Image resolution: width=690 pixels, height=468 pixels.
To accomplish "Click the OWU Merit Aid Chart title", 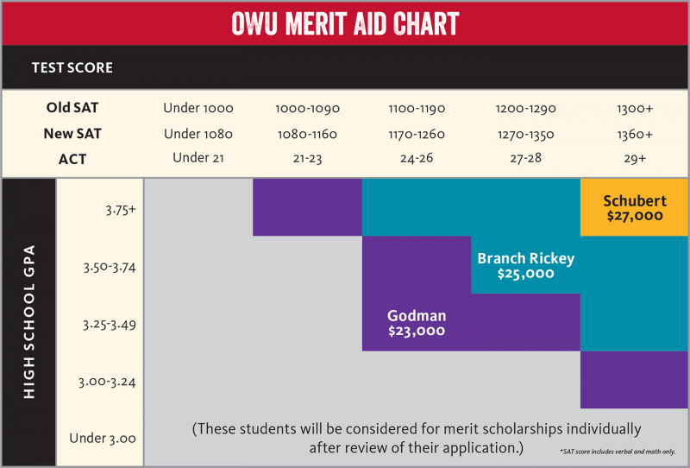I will (x=345, y=22).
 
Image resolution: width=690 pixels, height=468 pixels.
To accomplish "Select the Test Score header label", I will (x=72, y=67).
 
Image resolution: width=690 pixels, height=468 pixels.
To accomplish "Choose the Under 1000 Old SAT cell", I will (x=198, y=109).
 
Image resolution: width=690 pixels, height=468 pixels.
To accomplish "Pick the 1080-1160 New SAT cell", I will (x=307, y=134).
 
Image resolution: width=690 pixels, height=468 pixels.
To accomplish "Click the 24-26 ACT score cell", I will (x=416, y=157).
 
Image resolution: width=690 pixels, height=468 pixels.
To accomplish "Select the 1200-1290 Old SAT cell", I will (x=526, y=109).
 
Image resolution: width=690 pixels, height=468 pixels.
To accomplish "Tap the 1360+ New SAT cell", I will (x=634, y=134).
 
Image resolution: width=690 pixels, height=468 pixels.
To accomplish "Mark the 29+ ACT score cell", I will (x=634, y=157).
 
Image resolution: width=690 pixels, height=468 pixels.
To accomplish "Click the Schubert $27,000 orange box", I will (x=634, y=207).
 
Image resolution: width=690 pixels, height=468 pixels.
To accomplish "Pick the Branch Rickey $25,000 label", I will (x=525, y=266).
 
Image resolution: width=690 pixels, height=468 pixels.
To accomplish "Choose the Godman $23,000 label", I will (x=416, y=322).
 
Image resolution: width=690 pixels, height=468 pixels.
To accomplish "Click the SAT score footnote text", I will (x=616, y=452).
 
